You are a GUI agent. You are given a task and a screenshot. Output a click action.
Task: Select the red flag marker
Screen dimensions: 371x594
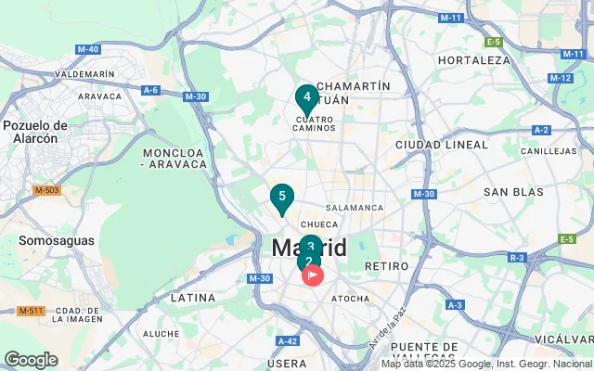click(x=314, y=275)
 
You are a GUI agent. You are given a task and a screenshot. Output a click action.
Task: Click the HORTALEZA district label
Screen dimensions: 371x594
click(x=474, y=59)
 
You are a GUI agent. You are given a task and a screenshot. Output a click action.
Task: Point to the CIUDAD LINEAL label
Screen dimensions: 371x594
click(x=441, y=145)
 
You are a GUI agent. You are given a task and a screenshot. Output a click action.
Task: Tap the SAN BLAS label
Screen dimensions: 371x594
click(x=512, y=192)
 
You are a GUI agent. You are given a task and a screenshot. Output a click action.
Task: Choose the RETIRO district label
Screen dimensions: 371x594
click(x=387, y=266)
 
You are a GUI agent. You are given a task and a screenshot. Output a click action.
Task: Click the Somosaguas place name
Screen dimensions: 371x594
click(x=57, y=240)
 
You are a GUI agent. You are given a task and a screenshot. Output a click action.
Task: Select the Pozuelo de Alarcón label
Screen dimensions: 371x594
click(x=35, y=132)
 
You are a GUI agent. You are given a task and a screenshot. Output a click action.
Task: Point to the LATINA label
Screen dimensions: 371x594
click(x=193, y=299)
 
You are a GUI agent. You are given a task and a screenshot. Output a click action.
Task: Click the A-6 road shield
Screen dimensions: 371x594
click(x=150, y=90)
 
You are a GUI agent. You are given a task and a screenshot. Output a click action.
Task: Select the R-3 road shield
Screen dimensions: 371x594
click(x=517, y=257)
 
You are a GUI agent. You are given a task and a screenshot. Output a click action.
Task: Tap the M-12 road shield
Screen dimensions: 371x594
click(x=561, y=78)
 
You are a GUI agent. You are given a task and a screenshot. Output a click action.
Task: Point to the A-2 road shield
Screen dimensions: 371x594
click(x=542, y=130)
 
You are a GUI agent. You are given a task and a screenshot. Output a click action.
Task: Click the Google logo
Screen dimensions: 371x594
click(x=31, y=360)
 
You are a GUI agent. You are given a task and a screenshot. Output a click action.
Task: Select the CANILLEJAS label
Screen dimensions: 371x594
click(x=549, y=150)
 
